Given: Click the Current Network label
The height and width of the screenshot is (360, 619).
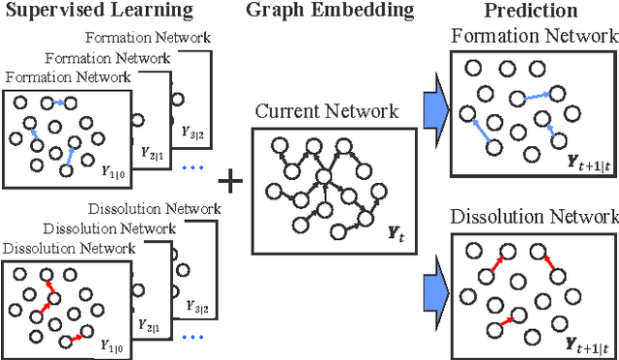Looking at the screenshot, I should click(x=326, y=111).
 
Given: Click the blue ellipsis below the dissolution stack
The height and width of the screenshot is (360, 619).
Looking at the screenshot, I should click(x=192, y=338).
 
